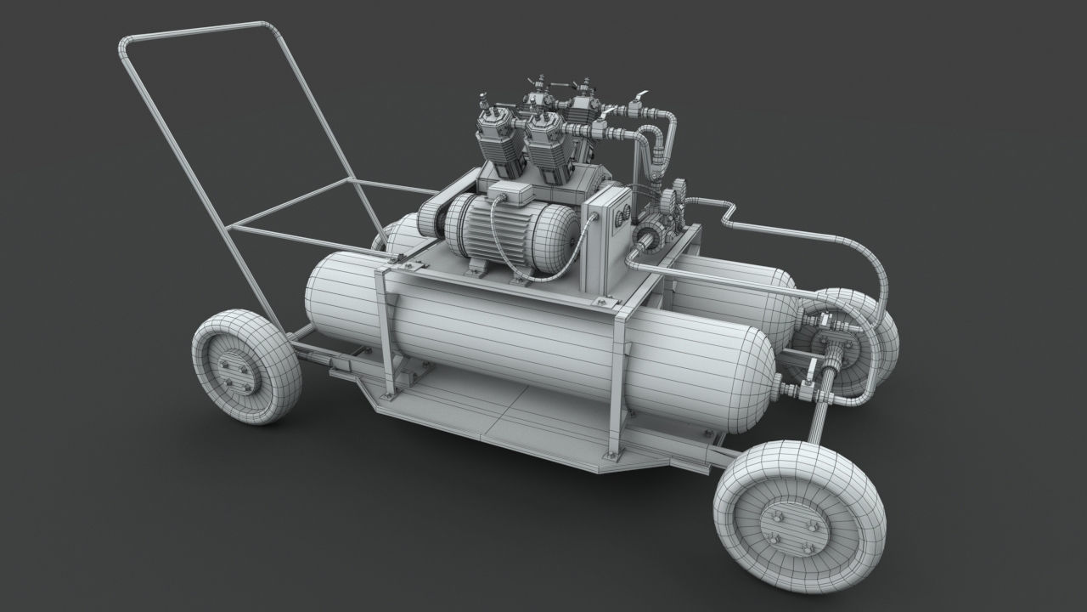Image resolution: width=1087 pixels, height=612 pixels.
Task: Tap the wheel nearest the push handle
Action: [x=245, y=366]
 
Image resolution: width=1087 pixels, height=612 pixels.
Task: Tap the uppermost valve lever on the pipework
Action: [x=639, y=97]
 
